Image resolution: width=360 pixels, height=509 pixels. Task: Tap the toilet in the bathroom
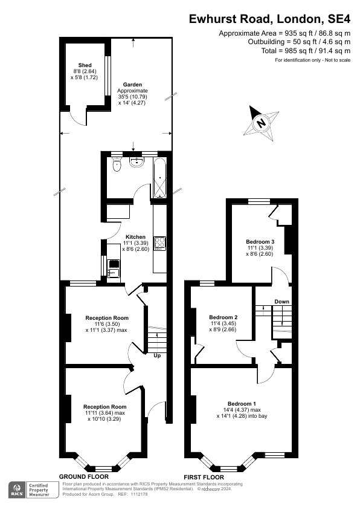tap(117, 164)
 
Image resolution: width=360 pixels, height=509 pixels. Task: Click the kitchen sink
tap(113, 265)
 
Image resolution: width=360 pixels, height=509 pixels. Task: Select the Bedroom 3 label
tap(260, 242)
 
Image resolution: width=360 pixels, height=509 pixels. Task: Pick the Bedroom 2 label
tap(223, 317)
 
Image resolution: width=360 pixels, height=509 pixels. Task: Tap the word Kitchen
tap(135, 236)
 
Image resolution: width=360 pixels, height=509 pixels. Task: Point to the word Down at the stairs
tap(281, 302)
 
